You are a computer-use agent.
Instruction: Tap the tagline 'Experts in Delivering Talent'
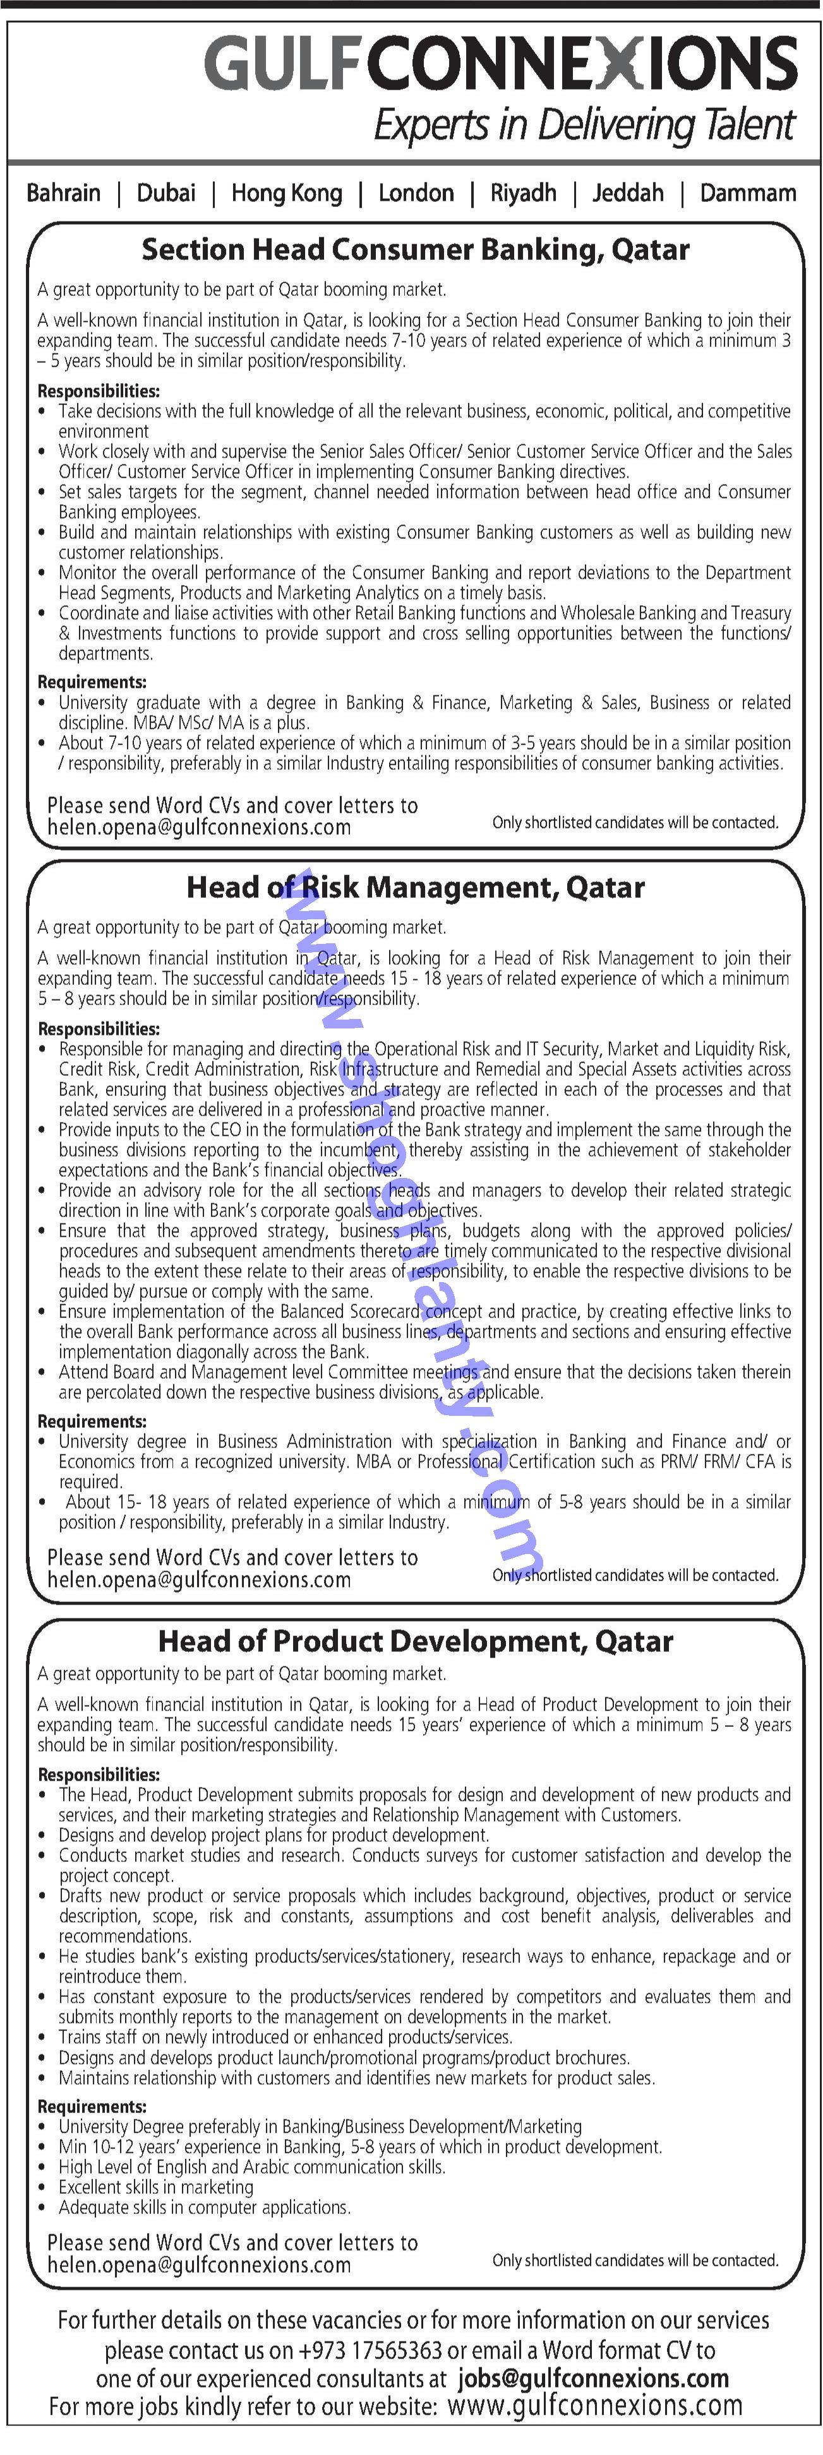pyautogui.click(x=584, y=126)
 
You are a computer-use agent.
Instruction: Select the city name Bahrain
pyautogui.click(x=63, y=194)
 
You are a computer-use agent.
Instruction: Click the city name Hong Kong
pyautogui.click(x=286, y=194)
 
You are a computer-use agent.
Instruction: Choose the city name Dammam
pyautogui.click(x=748, y=194)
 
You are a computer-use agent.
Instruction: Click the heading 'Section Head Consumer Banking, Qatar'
pyautogui.click(x=415, y=250)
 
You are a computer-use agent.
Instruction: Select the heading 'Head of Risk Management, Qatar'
pyautogui.click(x=415, y=887)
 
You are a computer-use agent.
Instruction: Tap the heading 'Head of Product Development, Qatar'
pyautogui.click(x=415, y=1641)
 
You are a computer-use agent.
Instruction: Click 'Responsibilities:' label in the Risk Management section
pyautogui.click(x=99, y=1029)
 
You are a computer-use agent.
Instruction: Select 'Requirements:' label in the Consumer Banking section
pyautogui.click(x=92, y=683)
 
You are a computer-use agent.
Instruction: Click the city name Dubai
pyautogui.click(x=166, y=194)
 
